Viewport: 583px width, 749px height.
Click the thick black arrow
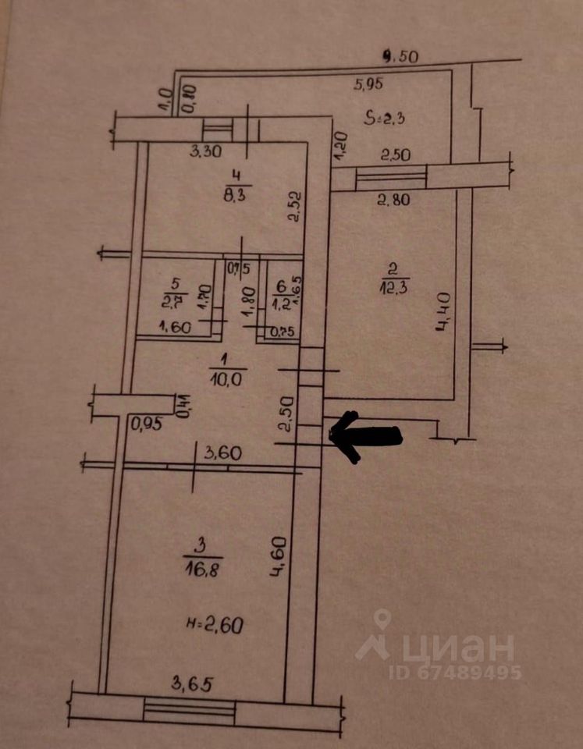pyautogui.click(x=367, y=435)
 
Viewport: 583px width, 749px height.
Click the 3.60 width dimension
pyautogui.click(x=219, y=451)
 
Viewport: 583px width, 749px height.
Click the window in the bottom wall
pyautogui.click(x=190, y=710)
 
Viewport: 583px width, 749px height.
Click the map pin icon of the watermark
pyautogui.click(x=382, y=621)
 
